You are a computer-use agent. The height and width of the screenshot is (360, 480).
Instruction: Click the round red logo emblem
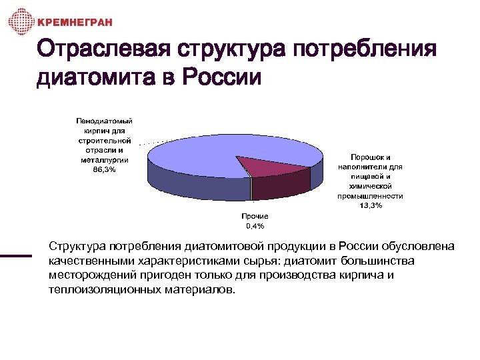click(20, 22)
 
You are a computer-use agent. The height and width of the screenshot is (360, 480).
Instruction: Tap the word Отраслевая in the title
click(100, 50)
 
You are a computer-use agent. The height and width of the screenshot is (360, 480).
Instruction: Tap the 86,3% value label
click(104, 170)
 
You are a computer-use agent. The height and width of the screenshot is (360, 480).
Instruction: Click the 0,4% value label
click(255, 225)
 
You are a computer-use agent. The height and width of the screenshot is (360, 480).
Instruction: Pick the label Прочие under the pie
click(255, 217)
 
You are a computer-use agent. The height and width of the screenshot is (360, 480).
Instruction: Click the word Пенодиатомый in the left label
click(104, 121)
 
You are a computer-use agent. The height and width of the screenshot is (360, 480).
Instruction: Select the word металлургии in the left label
click(104, 160)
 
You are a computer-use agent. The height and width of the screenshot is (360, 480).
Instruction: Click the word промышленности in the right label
click(371, 197)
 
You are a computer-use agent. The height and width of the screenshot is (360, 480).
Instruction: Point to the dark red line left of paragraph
click(16, 255)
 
